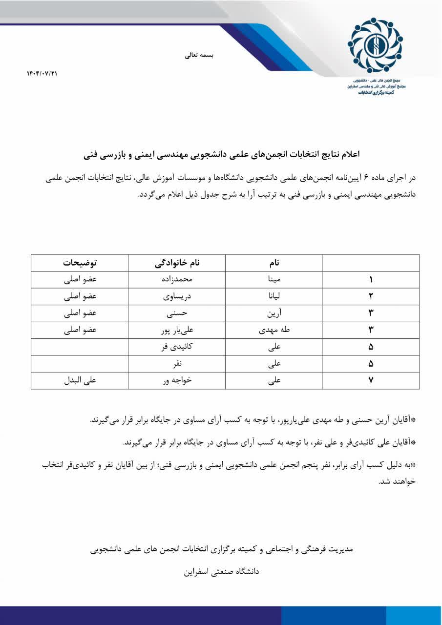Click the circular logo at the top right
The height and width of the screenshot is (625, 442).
click(375, 45)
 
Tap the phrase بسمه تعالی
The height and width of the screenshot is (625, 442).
click(199, 55)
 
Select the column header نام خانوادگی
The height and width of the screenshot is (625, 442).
click(177, 263)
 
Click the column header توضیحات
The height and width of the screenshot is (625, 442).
click(80, 263)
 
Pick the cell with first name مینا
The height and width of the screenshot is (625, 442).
click(274, 280)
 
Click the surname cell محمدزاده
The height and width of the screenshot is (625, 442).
click(177, 280)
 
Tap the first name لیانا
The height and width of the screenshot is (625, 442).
click(274, 297)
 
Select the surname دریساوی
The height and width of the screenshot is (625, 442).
click(177, 297)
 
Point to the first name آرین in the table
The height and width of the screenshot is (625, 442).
click(274, 313)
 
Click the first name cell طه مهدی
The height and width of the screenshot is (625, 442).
click(274, 330)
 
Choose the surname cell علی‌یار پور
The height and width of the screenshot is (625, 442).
click(177, 330)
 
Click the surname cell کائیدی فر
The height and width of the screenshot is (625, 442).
click(177, 347)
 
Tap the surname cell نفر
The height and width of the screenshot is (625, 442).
click(177, 364)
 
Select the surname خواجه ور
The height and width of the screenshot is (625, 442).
click(177, 381)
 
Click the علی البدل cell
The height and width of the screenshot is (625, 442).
click(80, 381)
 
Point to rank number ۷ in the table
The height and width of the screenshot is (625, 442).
click(371, 381)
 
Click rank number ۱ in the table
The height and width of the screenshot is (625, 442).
click(371, 280)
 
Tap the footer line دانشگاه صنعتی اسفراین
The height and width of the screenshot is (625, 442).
click(221, 571)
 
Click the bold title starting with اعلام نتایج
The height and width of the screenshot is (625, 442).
click(221, 155)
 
